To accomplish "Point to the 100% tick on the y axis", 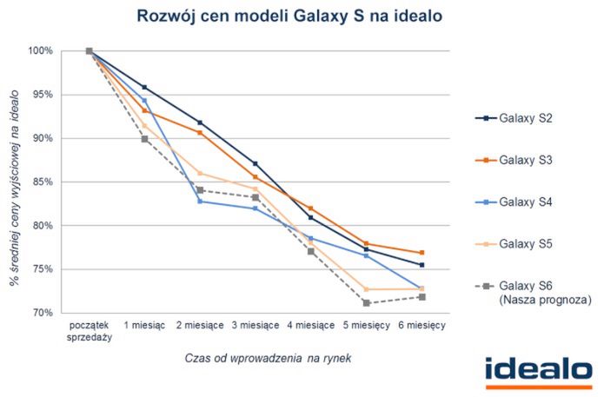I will click(x=42, y=51).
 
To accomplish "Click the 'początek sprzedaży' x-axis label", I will click(x=90, y=331).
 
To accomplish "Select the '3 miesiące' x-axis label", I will click(x=255, y=325).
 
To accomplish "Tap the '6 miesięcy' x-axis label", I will click(x=421, y=325).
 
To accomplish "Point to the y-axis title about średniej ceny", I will click(x=15, y=182).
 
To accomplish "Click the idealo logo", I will click(x=540, y=369).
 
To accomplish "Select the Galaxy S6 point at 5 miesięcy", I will click(x=366, y=303).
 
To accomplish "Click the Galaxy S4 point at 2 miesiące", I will click(x=200, y=202).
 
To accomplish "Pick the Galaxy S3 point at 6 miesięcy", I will click(x=421, y=253).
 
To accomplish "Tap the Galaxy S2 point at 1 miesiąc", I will click(x=144, y=87).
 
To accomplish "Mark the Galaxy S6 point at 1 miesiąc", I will click(x=144, y=139).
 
